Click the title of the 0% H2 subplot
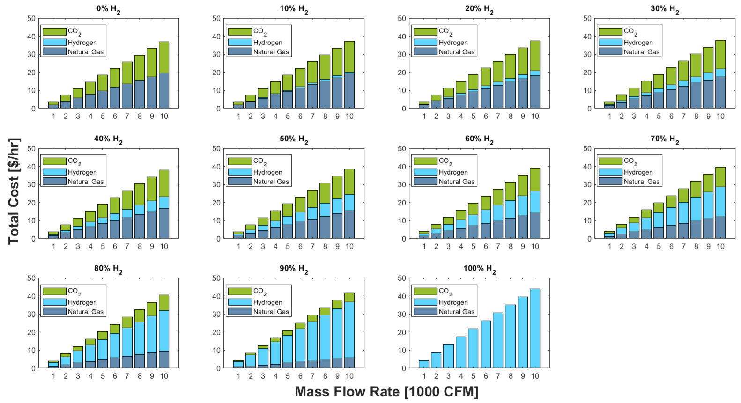tap(108, 9)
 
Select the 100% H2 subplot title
tap(479, 269)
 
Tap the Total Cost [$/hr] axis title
tap(14, 191)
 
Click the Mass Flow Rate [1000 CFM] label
tap(386, 392)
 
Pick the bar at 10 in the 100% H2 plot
tap(534, 328)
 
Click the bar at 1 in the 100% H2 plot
tap(423, 364)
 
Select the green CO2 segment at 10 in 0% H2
tap(163, 57)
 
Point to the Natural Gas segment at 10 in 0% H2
tap(163, 91)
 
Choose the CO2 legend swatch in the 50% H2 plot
tap(239, 161)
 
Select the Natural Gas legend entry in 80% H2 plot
tap(85, 312)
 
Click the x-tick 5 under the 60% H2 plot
tap(473, 246)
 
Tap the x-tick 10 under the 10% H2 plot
tap(349, 117)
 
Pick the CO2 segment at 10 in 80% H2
tap(163, 302)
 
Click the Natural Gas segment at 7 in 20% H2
tap(497, 96)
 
